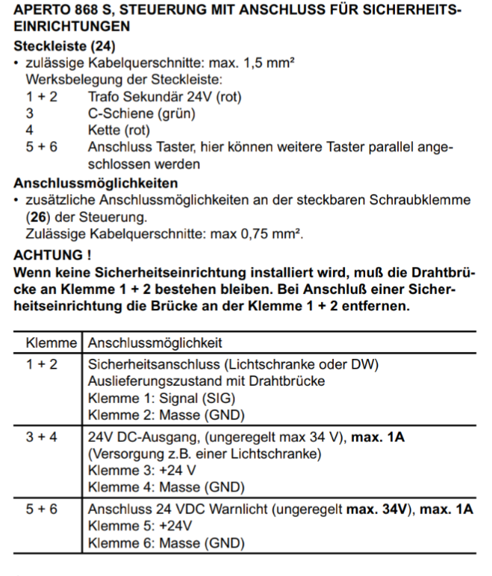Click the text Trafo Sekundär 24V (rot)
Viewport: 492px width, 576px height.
click(164, 96)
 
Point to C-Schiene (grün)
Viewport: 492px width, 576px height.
click(142, 113)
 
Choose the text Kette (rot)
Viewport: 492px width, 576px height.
click(119, 130)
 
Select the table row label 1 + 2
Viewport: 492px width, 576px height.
click(43, 364)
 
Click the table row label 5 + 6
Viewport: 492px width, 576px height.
click(43, 510)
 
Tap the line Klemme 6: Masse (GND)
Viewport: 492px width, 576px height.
click(166, 543)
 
